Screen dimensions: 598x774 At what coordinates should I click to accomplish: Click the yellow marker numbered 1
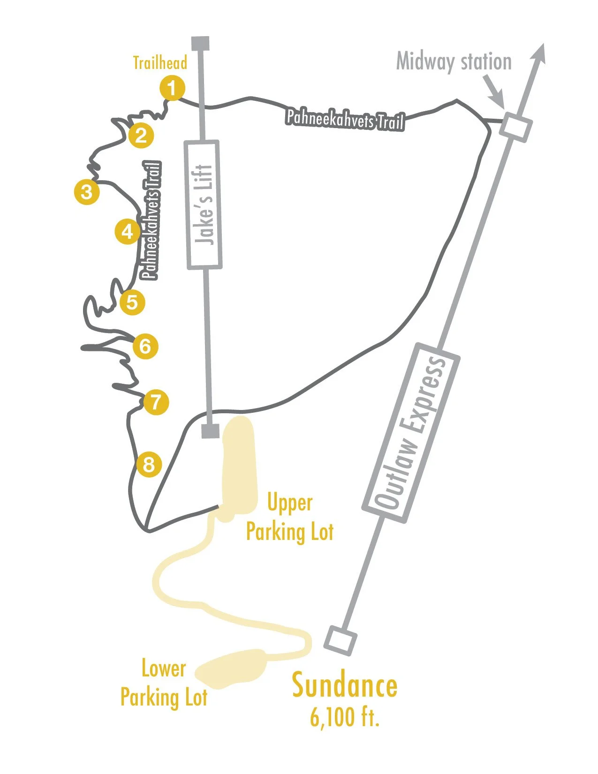click(x=172, y=88)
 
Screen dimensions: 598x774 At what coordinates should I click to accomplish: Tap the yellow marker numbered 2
click(x=141, y=136)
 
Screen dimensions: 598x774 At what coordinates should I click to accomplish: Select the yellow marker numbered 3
click(x=87, y=192)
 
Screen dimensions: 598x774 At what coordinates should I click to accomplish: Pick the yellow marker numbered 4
click(x=128, y=232)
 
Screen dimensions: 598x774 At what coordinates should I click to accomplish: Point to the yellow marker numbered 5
click(x=132, y=302)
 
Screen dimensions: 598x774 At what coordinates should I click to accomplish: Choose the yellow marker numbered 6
click(x=145, y=347)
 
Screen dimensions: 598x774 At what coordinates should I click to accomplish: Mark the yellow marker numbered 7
click(x=156, y=402)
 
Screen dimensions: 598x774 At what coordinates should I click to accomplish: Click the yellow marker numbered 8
click(x=149, y=465)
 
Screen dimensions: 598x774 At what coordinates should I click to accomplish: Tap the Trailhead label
click(x=160, y=63)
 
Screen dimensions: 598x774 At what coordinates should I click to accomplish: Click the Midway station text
click(x=454, y=61)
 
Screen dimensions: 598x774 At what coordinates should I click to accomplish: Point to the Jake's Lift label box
click(x=204, y=205)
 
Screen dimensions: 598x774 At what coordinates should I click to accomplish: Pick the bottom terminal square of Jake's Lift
click(x=210, y=431)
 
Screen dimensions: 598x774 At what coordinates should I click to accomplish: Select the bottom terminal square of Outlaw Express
click(x=340, y=640)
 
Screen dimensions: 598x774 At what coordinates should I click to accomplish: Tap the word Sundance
click(x=345, y=686)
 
